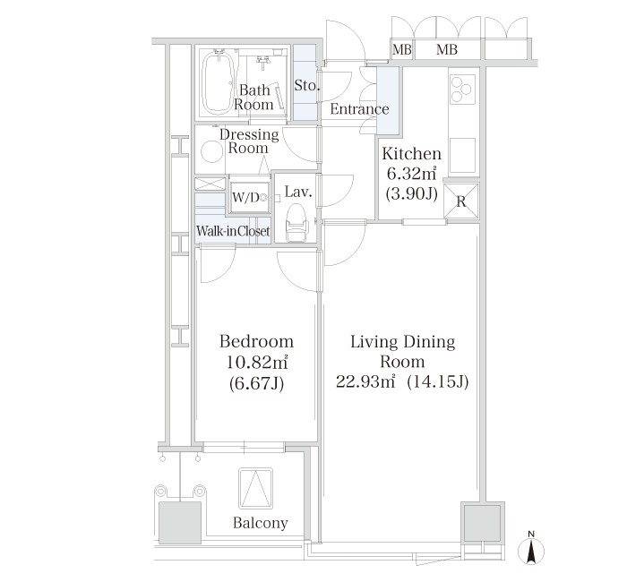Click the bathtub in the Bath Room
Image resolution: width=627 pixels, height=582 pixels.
218,82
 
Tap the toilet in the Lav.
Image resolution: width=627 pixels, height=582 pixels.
296,224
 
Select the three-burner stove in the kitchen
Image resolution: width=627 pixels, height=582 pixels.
462,90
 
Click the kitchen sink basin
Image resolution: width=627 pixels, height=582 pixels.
462,156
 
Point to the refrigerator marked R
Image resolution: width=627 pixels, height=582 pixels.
461,201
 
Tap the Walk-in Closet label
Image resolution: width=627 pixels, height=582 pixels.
233,231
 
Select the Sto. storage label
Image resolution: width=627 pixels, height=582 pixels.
306,85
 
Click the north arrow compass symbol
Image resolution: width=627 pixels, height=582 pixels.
531,548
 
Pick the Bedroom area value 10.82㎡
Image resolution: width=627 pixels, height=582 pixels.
257,363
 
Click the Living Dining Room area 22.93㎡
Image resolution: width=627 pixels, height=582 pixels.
365,381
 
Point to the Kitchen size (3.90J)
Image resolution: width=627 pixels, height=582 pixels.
411,194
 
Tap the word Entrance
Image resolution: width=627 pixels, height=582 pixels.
359,109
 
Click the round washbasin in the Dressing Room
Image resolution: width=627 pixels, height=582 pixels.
211,152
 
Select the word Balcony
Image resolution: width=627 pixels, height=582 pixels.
261,523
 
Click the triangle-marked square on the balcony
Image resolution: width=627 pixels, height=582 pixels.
256,489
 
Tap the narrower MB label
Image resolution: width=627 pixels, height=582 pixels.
402,49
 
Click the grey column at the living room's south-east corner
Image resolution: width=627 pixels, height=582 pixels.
482,522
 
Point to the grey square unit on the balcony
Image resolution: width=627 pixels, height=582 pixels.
179,523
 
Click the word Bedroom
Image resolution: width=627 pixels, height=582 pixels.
257,342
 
